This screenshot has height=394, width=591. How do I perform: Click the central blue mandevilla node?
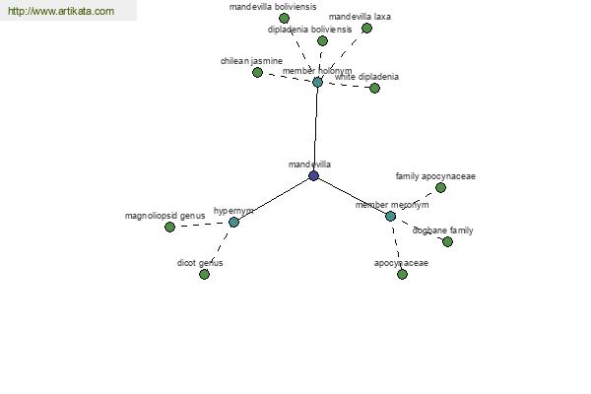[x=313, y=175]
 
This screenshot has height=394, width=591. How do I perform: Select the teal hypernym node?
[x=233, y=222]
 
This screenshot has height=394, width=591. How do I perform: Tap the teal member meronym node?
[x=390, y=216]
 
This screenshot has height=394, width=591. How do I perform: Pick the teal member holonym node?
[x=318, y=82]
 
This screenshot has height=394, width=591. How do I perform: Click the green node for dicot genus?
[x=204, y=274]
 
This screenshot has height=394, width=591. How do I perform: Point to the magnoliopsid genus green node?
[x=169, y=227]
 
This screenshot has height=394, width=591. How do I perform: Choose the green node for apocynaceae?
[x=402, y=274]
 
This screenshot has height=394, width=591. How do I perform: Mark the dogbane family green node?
[x=447, y=241]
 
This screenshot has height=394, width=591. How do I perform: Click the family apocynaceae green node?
[x=440, y=187]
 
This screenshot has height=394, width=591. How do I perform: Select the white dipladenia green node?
[x=374, y=88]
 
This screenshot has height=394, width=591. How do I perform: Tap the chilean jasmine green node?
[x=257, y=72]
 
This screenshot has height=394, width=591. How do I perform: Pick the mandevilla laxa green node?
[x=366, y=28]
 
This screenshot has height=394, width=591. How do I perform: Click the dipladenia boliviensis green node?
[x=322, y=40]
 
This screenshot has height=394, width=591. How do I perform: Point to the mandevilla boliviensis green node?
[x=284, y=18]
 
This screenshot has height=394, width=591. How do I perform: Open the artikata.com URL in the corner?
[x=61, y=11]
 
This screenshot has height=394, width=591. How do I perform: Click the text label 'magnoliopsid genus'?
[x=165, y=216]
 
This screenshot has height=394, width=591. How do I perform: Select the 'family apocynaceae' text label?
[x=435, y=176]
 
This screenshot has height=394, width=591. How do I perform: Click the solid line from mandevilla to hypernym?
[x=274, y=199]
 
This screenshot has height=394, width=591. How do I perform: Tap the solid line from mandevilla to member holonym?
[x=316, y=129]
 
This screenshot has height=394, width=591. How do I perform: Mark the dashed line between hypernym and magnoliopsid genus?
[x=202, y=225]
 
